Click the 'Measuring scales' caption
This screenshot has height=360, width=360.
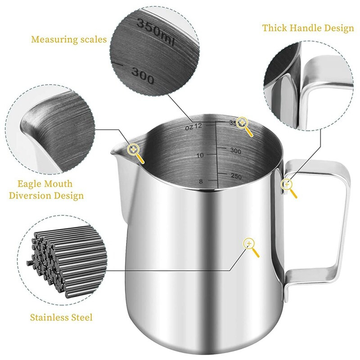pyautogui.click(x=69, y=39)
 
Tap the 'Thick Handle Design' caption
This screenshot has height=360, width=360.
pyautogui.click(x=308, y=28)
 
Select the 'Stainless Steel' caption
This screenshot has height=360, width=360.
pyautogui.click(x=61, y=318)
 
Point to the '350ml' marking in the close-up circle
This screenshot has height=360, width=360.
pyautogui.click(x=155, y=31)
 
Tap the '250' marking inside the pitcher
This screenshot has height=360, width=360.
pyautogui.click(x=236, y=176)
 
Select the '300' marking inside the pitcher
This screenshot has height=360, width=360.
pyautogui.click(x=235, y=151)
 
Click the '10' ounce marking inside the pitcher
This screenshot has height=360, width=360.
pyautogui.click(x=200, y=155)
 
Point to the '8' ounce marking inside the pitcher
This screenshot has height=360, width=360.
pyautogui.click(x=201, y=182)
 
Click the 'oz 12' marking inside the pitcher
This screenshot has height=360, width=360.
pyautogui.click(x=193, y=127)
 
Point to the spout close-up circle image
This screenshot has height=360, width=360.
pyautogui.click(x=50, y=129)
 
